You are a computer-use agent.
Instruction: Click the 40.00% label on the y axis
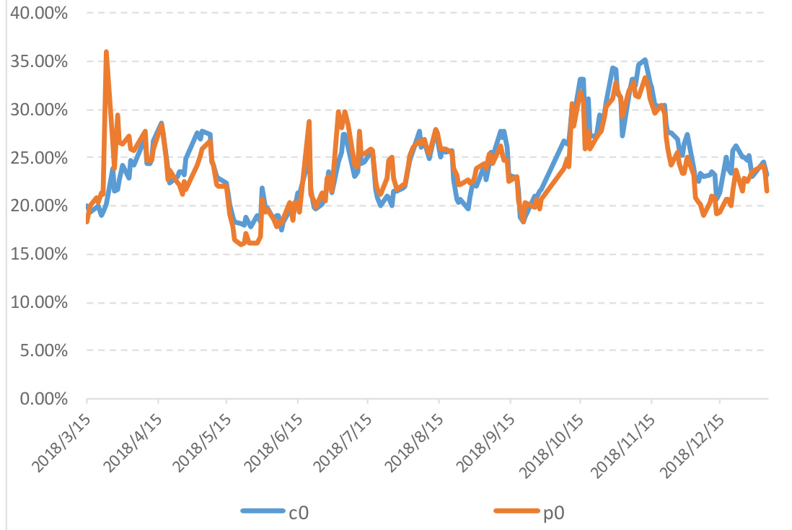tap(40, 14)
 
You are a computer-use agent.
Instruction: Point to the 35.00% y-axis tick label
tap(40, 62)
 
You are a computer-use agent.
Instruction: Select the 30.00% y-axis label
tap(40, 110)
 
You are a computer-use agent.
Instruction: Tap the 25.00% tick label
tap(40, 158)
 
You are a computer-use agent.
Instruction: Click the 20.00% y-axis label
tap(40, 206)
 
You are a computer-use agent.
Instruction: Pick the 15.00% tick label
tap(40, 255)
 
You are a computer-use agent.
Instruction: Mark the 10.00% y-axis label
tap(40, 303)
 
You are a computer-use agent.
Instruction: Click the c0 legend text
tap(299, 513)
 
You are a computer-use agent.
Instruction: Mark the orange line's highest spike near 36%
tap(106, 52)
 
